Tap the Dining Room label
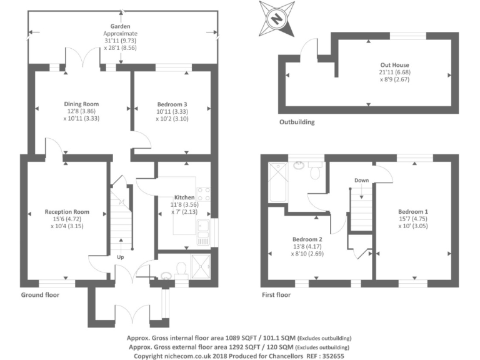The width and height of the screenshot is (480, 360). [81, 104]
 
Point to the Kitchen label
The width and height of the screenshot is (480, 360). [184, 197]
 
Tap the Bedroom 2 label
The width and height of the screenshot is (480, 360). [307, 239]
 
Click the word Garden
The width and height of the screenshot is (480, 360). [120, 26]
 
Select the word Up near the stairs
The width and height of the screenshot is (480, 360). [119, 257]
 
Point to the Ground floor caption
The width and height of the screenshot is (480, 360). [40, 294]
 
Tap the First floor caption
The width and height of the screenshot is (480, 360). [276, 294]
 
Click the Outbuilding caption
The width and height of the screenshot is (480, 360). [297, 122]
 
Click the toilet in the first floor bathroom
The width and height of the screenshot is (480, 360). [316, 171]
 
